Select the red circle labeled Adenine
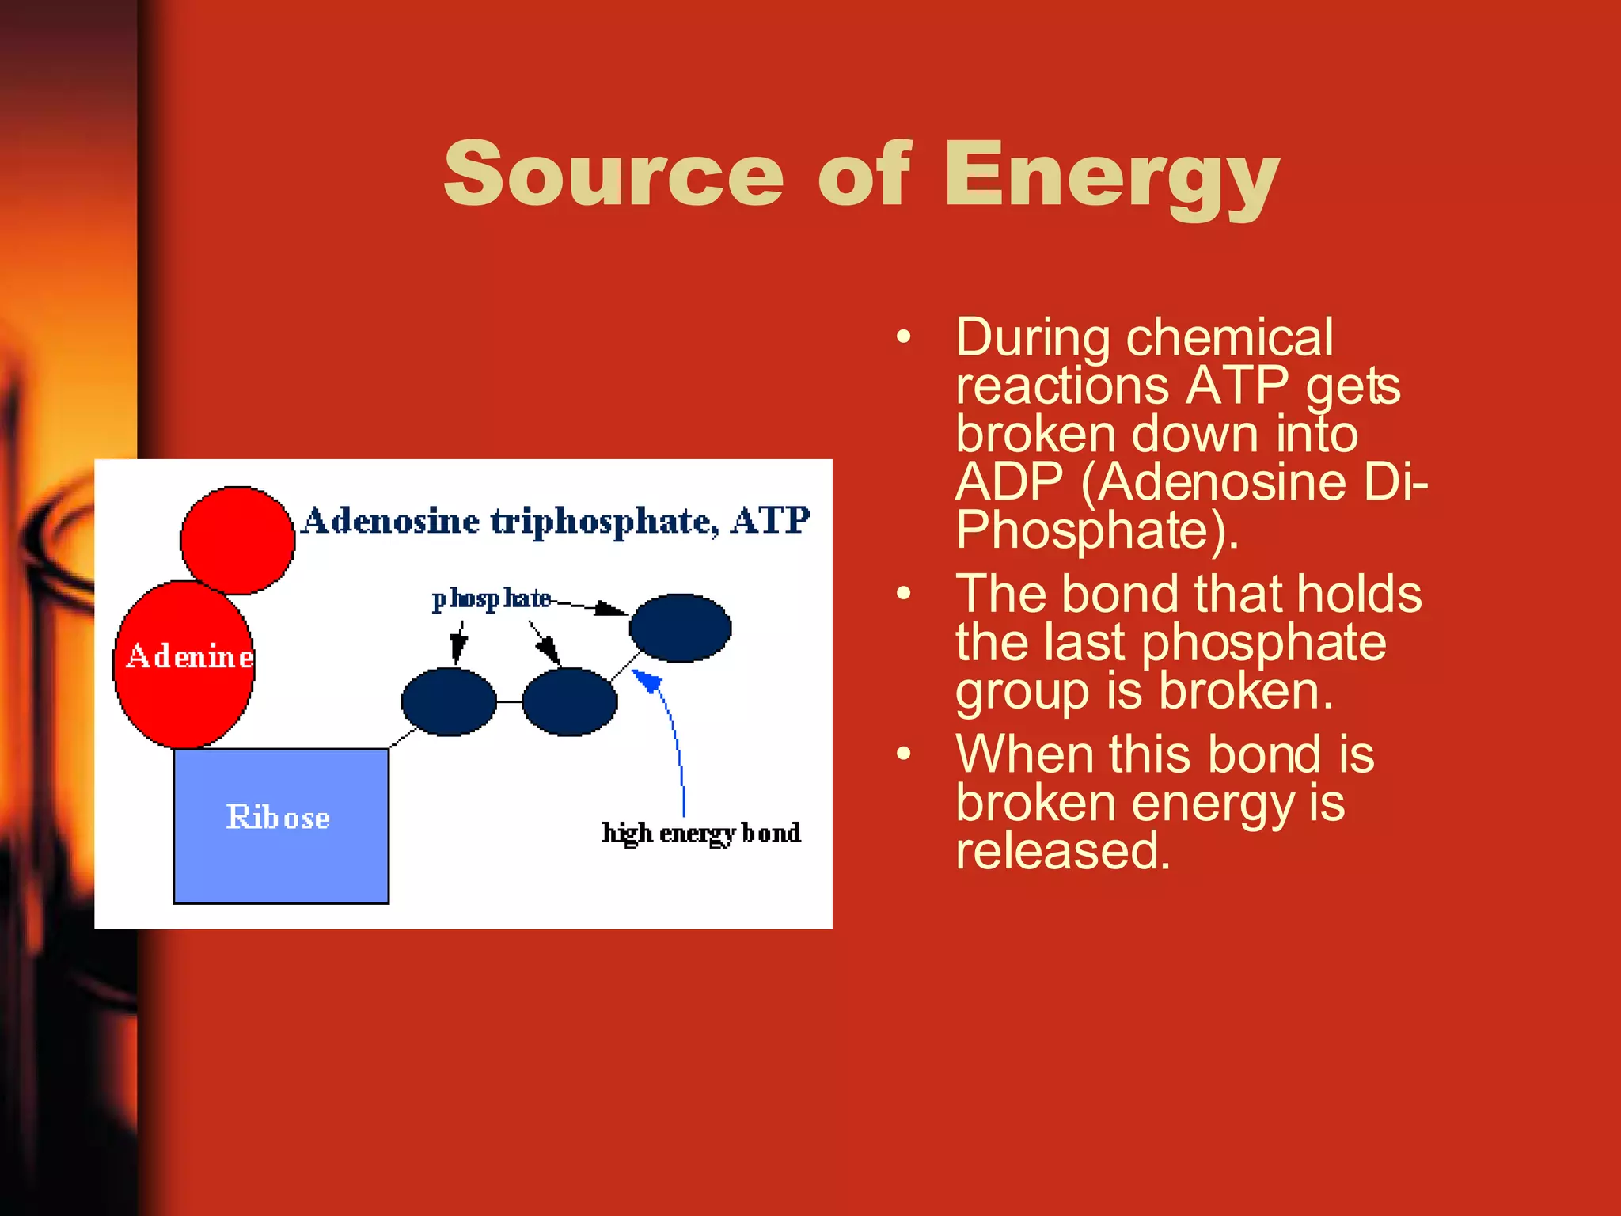pyautogui.click(x=184, y=665)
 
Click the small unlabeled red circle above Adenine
pyautogui.click(x=237, y=540)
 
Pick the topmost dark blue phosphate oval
pyautogui.click(x=680, y=628)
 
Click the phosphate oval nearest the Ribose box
pyautogui.click(x=449, y=701)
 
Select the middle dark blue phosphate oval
pyautogui.click(x=569, y=701)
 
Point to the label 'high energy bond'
pyautogui.click(x=701, y=833)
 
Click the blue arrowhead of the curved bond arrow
pyautogui.click(x=647, y=681)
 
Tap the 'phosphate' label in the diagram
pyautogui.click(x=491, y=598)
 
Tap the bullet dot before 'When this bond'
pyautogui.click(x=904, y=754)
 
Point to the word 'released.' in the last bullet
pyautogui.click(x=1062, y=850)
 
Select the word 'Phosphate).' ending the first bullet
pyautogui.click(x=1096, y=530)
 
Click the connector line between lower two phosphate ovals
pyautogui.click(x=509, y=701)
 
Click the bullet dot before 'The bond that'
pyautogui.click(x=904, y=594)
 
